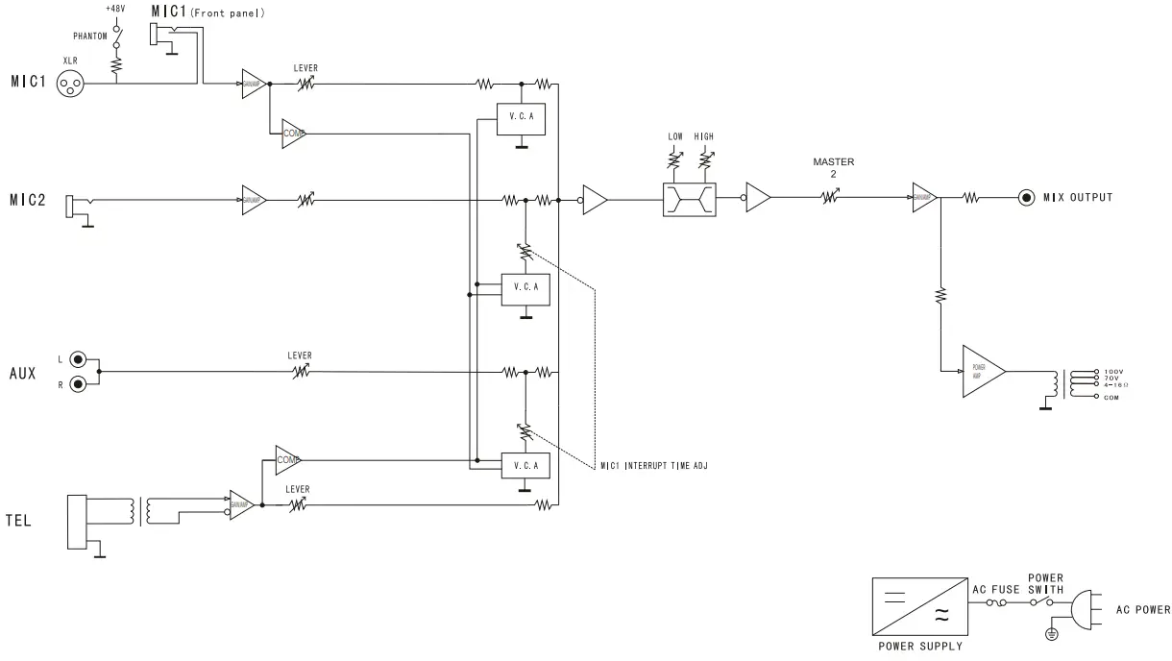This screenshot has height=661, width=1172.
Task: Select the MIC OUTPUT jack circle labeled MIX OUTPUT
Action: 1027,198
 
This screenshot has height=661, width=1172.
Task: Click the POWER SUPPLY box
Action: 916,606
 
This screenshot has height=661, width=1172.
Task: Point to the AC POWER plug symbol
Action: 1082,609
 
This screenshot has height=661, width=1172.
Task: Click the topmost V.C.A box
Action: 520,118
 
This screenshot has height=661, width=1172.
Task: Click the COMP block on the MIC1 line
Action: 292,133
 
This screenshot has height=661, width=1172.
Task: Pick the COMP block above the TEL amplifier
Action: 287,460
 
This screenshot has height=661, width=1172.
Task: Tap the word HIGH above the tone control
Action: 704,137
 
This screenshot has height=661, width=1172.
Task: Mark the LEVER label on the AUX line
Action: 300,355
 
